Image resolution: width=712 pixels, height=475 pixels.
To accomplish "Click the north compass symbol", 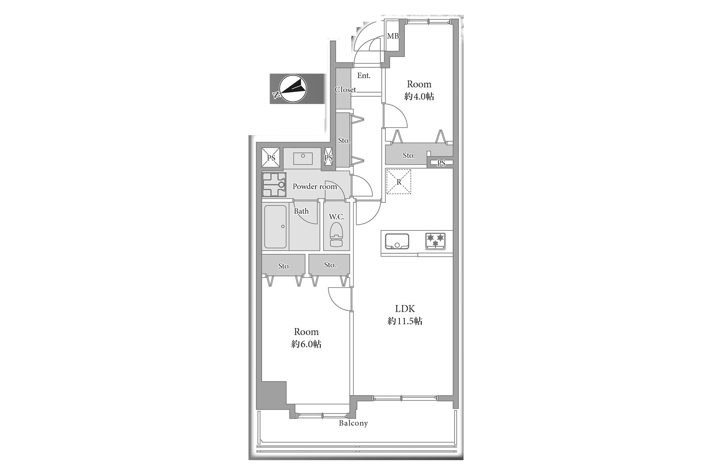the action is (293, 89).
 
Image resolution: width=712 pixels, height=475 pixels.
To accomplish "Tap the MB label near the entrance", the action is (393, 36).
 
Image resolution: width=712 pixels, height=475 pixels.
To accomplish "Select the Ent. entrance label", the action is (364, 76).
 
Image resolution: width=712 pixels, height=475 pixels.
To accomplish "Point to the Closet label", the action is (345, 89).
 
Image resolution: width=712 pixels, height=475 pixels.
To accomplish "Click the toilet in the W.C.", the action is (336, 235).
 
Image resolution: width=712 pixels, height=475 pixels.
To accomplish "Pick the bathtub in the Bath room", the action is (276, 227).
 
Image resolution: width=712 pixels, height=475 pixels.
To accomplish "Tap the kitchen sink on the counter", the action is (397, 241).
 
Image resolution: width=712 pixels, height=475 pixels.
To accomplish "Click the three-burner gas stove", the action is (435, 241).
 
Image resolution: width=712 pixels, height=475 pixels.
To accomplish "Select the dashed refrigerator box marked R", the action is (399, 181).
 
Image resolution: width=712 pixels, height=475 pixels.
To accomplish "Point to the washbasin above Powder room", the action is (303, 158).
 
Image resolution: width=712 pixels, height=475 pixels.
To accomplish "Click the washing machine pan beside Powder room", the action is (274, 184).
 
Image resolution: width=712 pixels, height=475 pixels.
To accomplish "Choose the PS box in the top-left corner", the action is (271, 158).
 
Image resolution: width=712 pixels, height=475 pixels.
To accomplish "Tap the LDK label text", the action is (405, 308).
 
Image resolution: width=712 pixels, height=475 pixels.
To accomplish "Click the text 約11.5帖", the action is (405, 321).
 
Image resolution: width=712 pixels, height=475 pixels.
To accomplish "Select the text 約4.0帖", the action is (419, 96).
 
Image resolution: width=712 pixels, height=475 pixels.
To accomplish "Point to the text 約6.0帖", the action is (306, 344).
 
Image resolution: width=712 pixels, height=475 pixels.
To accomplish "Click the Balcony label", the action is (353, 423).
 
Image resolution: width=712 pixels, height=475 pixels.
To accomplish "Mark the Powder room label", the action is (315, 186).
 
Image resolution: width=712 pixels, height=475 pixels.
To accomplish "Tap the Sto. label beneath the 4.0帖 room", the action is (409, 155).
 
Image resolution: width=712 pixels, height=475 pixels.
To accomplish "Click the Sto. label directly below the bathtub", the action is (284, 266).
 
